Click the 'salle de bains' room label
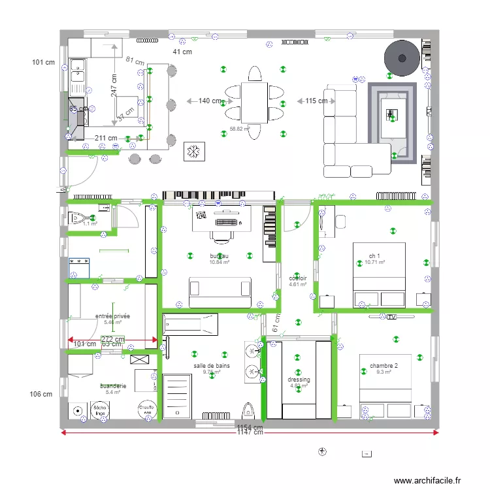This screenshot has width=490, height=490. (x=211, y=366)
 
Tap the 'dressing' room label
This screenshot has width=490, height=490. (x=299, y=380)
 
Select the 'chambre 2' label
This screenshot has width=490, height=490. (x=384, y=366)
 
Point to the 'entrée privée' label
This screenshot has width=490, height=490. (x=112, y=316)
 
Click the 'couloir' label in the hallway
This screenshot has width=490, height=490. (x=298, y=278)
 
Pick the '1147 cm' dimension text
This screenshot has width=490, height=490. (x=250, y=433)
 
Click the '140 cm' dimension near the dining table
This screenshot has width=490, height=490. (x=210, y=101)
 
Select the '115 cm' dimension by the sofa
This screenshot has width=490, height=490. (x=316, y=101)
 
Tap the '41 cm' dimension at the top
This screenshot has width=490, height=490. (x=182, y=52)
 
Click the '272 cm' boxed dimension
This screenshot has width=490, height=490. (x=113, y=339)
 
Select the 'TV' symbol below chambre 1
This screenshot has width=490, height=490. (x=391, y=317)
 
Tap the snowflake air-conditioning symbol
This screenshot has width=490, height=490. (x=193, y=152)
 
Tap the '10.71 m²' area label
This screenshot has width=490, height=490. (x=374, y=263)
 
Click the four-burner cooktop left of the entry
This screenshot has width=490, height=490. (x=79, y=268)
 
